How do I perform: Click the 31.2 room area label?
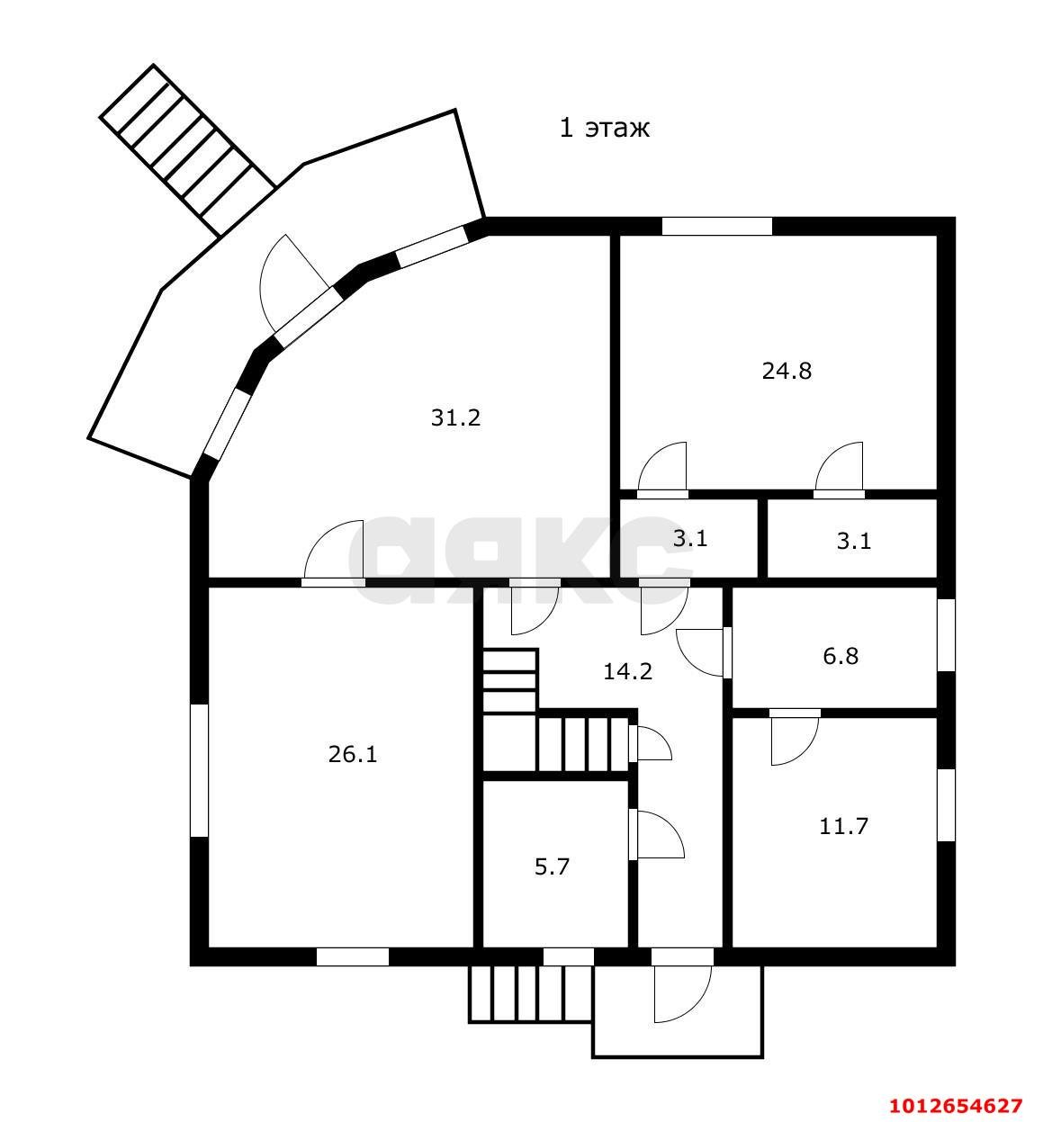pos(455,418)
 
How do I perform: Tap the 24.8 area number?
pos(787,372)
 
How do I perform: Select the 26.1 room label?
pos(352,755)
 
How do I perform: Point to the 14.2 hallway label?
pos(627,672)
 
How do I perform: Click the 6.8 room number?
pos(841,657)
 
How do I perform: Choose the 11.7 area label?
pos(843,827)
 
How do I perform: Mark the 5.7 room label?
pos(552,867)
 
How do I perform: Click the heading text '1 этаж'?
pos(605,129)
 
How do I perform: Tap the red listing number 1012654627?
pos(957,1106)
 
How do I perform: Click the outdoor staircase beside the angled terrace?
pos(188,150)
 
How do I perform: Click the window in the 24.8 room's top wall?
pos(717,226)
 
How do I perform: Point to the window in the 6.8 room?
pos(947,635)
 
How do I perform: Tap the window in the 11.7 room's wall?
pos(947,805)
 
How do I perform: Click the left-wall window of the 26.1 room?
pos(199,770)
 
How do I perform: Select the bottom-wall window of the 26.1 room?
pos(352,957)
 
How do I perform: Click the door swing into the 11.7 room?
pos(795,737)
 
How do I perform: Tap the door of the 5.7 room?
pos(656,835)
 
